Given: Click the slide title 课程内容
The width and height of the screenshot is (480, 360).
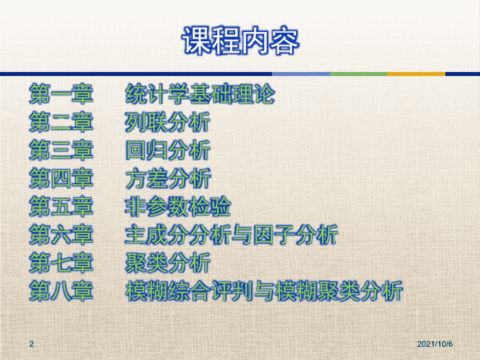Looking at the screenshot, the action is [241, 41].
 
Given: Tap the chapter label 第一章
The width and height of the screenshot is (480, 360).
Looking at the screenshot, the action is [61, 94].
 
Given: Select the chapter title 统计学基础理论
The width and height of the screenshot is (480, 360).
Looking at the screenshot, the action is [200, 94].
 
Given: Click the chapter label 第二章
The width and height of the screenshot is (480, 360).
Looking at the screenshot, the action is [61, 122].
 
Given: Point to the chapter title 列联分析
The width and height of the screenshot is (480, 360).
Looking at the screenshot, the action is [168, 122].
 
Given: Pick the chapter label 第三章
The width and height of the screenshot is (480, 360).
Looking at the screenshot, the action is [61, 150].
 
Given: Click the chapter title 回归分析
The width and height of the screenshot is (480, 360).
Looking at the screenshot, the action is [168, 150].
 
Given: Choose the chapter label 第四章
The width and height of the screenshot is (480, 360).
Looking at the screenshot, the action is [61, 179].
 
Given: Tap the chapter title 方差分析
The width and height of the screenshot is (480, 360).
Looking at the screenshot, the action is [168, 179].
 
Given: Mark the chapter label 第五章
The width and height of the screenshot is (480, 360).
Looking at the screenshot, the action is [61, 207].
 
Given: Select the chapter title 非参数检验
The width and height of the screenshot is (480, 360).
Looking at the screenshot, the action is [178, 207].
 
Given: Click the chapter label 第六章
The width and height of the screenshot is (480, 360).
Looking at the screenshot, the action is [61, 235].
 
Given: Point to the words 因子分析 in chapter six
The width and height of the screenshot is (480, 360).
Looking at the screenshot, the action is [296, 235].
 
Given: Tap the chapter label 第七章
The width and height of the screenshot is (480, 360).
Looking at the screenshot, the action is [61, 263].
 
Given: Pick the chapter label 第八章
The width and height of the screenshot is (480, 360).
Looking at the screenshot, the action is [61, 291].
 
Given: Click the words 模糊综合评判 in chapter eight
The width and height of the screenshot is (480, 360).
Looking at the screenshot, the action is [189, 291].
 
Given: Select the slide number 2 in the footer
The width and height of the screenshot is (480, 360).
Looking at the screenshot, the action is [31, 344].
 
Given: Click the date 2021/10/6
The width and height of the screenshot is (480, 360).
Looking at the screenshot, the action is [435, 344].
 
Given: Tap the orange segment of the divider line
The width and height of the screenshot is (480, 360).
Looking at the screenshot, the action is [416, 74].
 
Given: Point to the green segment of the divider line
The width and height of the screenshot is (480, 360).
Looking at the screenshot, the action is [359, 74].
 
